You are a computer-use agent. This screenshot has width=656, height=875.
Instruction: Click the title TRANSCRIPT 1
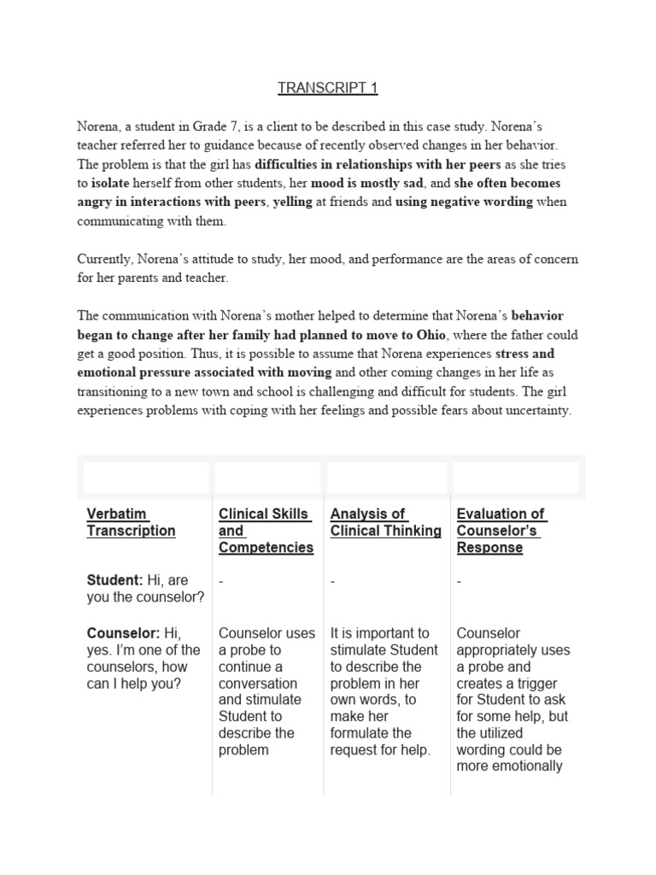(x=327, y=87)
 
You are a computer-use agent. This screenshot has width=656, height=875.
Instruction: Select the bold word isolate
(x=115, y=183)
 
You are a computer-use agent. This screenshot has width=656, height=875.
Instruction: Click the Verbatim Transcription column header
(x=131, y=522)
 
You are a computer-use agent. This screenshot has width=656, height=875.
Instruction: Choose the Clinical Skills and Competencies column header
(x=266, y=531)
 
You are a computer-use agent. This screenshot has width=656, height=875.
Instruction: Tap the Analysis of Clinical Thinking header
(x=385, y=522)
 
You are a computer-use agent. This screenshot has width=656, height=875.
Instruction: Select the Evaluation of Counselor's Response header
(x=501, y=531)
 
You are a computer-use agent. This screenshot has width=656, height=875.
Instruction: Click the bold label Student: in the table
(x=114, y=580)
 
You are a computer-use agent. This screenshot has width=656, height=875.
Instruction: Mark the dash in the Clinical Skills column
(x=221, y=581)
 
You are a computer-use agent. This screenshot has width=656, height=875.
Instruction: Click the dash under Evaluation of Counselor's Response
(x=460, y=581)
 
